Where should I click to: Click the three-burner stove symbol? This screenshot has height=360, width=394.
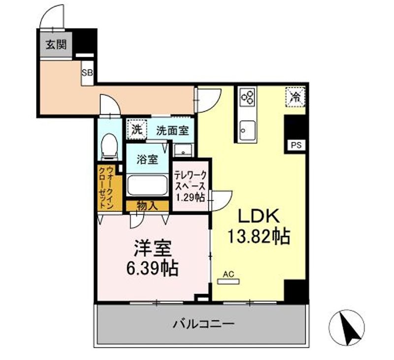[247, 97]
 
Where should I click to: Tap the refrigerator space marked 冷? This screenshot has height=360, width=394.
[295, 96]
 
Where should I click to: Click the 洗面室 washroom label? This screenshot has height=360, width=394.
[172, 131]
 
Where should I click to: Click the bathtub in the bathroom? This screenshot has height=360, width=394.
[147, 186]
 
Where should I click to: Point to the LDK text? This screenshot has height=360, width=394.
[259, 216]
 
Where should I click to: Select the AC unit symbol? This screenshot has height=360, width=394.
[228, 281]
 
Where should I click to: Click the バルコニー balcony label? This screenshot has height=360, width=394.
[203, 324]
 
